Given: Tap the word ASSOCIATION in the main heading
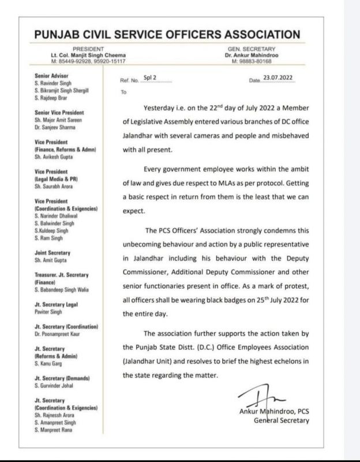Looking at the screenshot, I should [251, 35].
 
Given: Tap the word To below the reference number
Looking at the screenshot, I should [123, 92].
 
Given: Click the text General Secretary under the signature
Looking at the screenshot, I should [282, 421].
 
